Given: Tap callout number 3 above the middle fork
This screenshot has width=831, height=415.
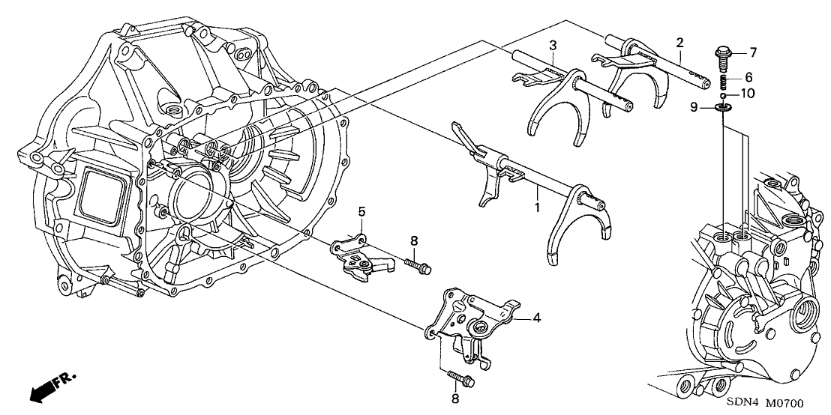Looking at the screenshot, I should (x=552, y=46).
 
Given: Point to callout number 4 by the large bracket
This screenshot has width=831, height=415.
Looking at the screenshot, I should (x=537, y=318).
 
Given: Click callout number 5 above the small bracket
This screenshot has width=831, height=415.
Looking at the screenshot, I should (x=361, y=212).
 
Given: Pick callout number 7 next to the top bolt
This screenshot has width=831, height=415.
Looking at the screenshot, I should (x=753, y=52).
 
